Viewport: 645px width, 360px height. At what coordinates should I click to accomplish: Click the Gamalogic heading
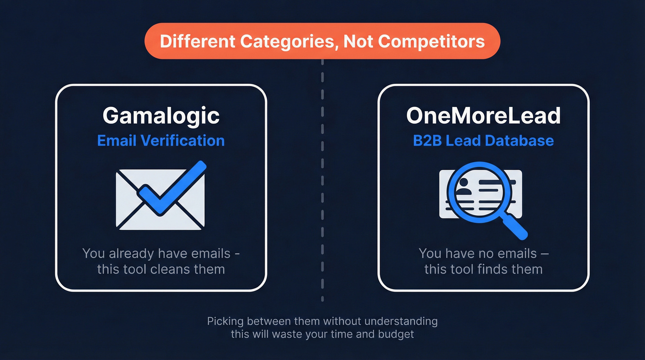tap(161, 116)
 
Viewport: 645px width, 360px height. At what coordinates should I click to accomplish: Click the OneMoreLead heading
tap(483, 116)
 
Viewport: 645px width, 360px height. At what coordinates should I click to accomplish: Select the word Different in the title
tap(198, 41)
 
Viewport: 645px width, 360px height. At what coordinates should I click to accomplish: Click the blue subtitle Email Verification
tap(161, 140)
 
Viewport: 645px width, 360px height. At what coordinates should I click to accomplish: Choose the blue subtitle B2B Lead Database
tap(483, 140)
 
